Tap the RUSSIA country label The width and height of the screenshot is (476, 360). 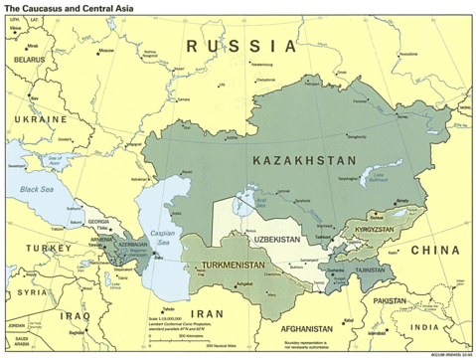click(x=242, y=46)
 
